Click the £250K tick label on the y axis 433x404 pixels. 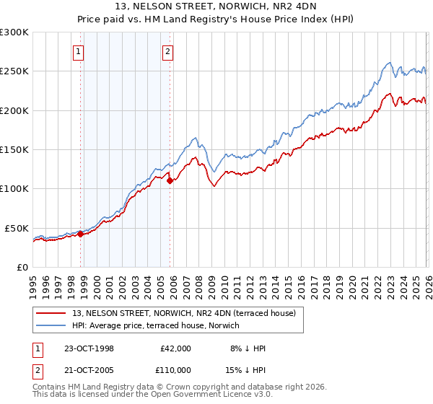14,71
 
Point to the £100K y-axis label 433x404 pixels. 14,189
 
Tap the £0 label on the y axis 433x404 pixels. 22,267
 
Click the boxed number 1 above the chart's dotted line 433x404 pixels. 77,51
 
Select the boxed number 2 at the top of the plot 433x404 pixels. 167,51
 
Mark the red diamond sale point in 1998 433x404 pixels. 81,234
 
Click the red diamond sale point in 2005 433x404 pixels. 170,181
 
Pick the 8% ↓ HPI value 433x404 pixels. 247,348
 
